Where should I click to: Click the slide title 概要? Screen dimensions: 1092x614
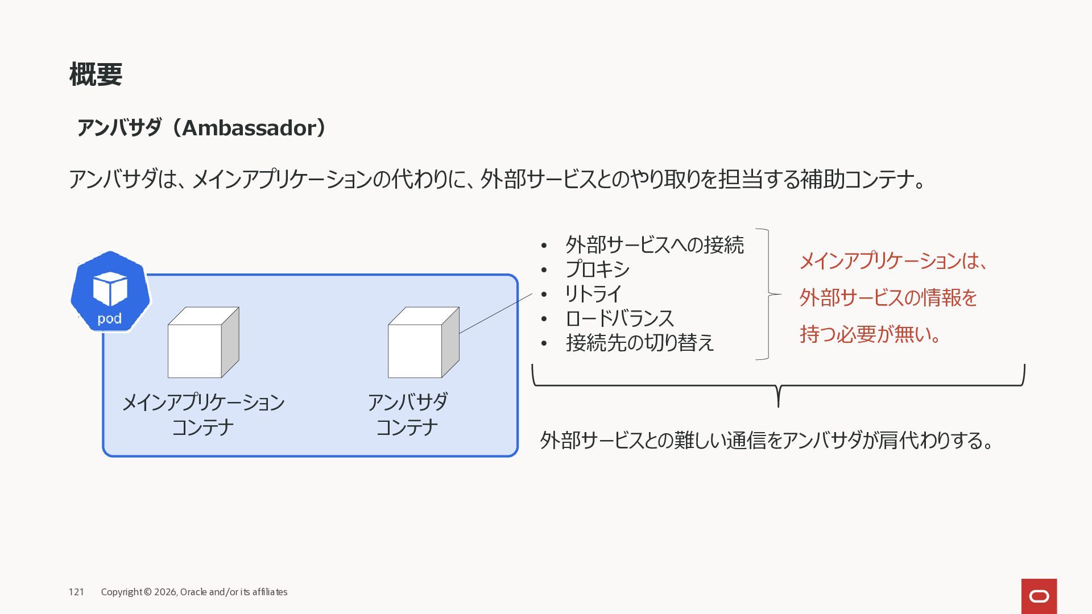tap(96, 74)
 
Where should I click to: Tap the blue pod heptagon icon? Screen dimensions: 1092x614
tap(110, 291)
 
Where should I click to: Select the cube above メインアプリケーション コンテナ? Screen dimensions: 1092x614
tap(202, 343)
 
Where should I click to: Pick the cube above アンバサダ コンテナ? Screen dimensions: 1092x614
tap(423, 343)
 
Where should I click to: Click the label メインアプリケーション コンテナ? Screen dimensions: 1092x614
tap(203, 414)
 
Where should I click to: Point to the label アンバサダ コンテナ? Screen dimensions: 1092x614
tap(407, 414)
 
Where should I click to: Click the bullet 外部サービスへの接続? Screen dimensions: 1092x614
tap(654, 245)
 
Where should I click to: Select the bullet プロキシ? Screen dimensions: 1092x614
tap(597, 269)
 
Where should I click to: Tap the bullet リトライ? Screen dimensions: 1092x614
tap(593, 294)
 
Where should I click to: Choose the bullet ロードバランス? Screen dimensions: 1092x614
tap(619, 318)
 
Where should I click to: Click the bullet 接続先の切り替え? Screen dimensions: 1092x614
tap(639, 343)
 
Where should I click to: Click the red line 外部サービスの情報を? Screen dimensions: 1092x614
tap(888, 297)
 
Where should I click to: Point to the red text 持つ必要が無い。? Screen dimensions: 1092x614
tap(871, 334)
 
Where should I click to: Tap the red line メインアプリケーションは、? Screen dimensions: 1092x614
tap(894, 261)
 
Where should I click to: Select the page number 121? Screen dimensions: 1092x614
tap(76, 592)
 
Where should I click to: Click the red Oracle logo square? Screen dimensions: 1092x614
tap(1039, 596)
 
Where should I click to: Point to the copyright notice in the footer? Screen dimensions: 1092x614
tap(194, 592)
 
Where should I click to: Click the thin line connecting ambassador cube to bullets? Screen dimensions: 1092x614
tap(495, 313)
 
